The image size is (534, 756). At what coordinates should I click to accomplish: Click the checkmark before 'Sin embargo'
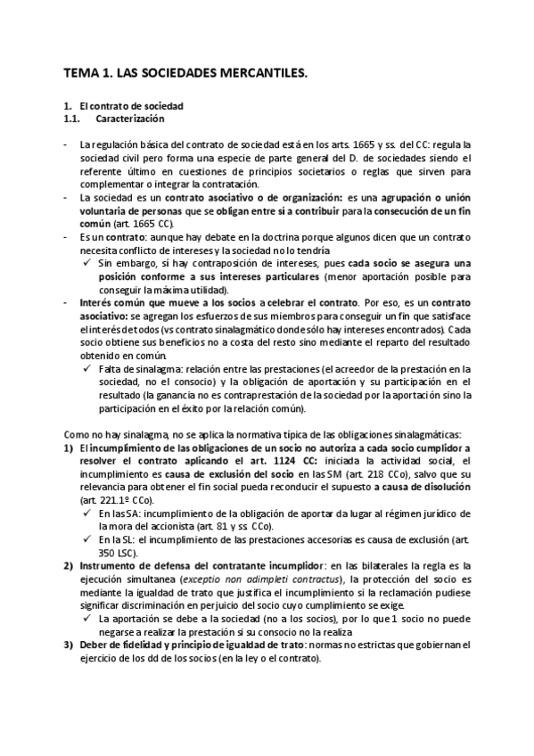[x=88, y=264]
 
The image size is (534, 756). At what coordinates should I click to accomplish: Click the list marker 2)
[x=68, y=565]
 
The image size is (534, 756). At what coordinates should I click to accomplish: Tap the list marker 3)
[x=68, y=645]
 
